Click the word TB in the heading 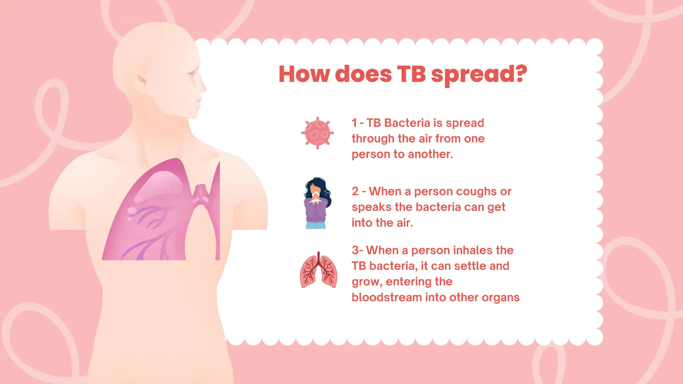(x=411, y=74)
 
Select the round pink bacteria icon (x=317, y=133)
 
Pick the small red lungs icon (x=318, y=270)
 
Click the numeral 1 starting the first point (x=354, y=123)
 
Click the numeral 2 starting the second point (x=355, y=192)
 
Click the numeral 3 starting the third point (x=355, y=250)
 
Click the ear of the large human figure (x=142, y=80)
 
